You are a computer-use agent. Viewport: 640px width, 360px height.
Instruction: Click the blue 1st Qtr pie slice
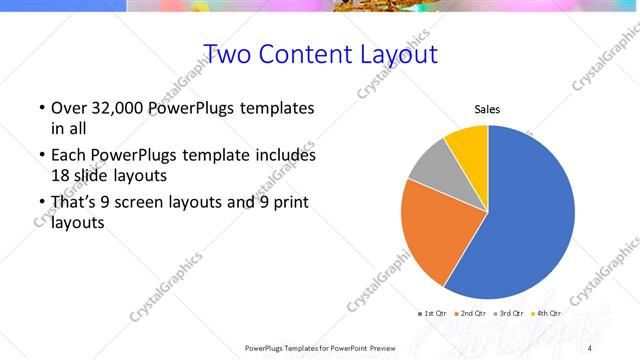530,220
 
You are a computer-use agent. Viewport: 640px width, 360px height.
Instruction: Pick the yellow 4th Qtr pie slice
467,143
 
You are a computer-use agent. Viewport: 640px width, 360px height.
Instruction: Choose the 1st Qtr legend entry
433,313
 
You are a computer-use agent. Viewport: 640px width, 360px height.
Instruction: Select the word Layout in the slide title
393,54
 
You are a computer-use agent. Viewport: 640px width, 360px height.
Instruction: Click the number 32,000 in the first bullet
113,108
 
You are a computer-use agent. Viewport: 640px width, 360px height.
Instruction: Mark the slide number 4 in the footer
590,348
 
